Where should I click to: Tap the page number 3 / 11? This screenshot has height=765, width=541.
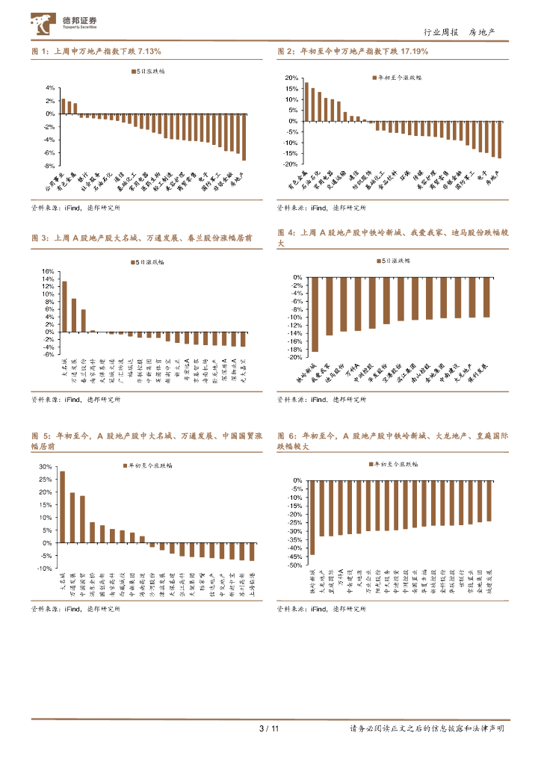coord(268,728)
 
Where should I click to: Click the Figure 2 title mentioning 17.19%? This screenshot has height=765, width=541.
coord(353,52)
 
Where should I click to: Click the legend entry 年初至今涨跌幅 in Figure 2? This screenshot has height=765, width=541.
coord(396,77)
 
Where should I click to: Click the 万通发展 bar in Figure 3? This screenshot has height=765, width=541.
coord(74,315)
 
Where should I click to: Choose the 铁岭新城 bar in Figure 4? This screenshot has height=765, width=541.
coord(315,315)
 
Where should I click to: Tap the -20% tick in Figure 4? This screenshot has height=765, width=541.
coord(294,357)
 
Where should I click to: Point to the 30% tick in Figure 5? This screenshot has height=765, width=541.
coord(45,467)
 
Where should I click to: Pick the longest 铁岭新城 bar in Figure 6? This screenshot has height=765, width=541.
coord(312,518)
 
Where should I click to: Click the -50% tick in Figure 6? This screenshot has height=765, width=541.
coord(294,566)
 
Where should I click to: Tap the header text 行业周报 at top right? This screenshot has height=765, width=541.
coord(439,32)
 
